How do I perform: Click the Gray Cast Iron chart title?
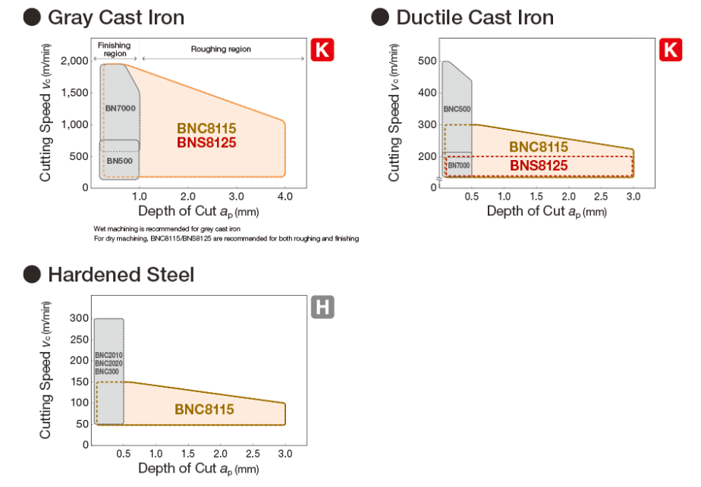coord(115,17)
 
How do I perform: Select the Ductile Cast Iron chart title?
coord(475,17)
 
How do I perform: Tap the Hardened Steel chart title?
coord(121,274)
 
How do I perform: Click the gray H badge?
coord(322,307)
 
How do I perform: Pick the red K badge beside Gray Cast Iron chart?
coord(322,51)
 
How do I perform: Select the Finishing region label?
coord(115,50)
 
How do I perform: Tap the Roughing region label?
coord(220,49)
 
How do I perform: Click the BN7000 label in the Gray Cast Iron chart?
coord(120,108)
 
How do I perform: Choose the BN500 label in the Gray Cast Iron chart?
coord(119,161)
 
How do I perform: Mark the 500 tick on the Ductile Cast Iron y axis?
coord(428,61)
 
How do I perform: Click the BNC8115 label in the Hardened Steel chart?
coord(204,409)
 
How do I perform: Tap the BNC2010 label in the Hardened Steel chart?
coord(108,355)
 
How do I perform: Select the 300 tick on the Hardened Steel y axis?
coord(79,318)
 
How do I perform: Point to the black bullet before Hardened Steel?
coord(31,274)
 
